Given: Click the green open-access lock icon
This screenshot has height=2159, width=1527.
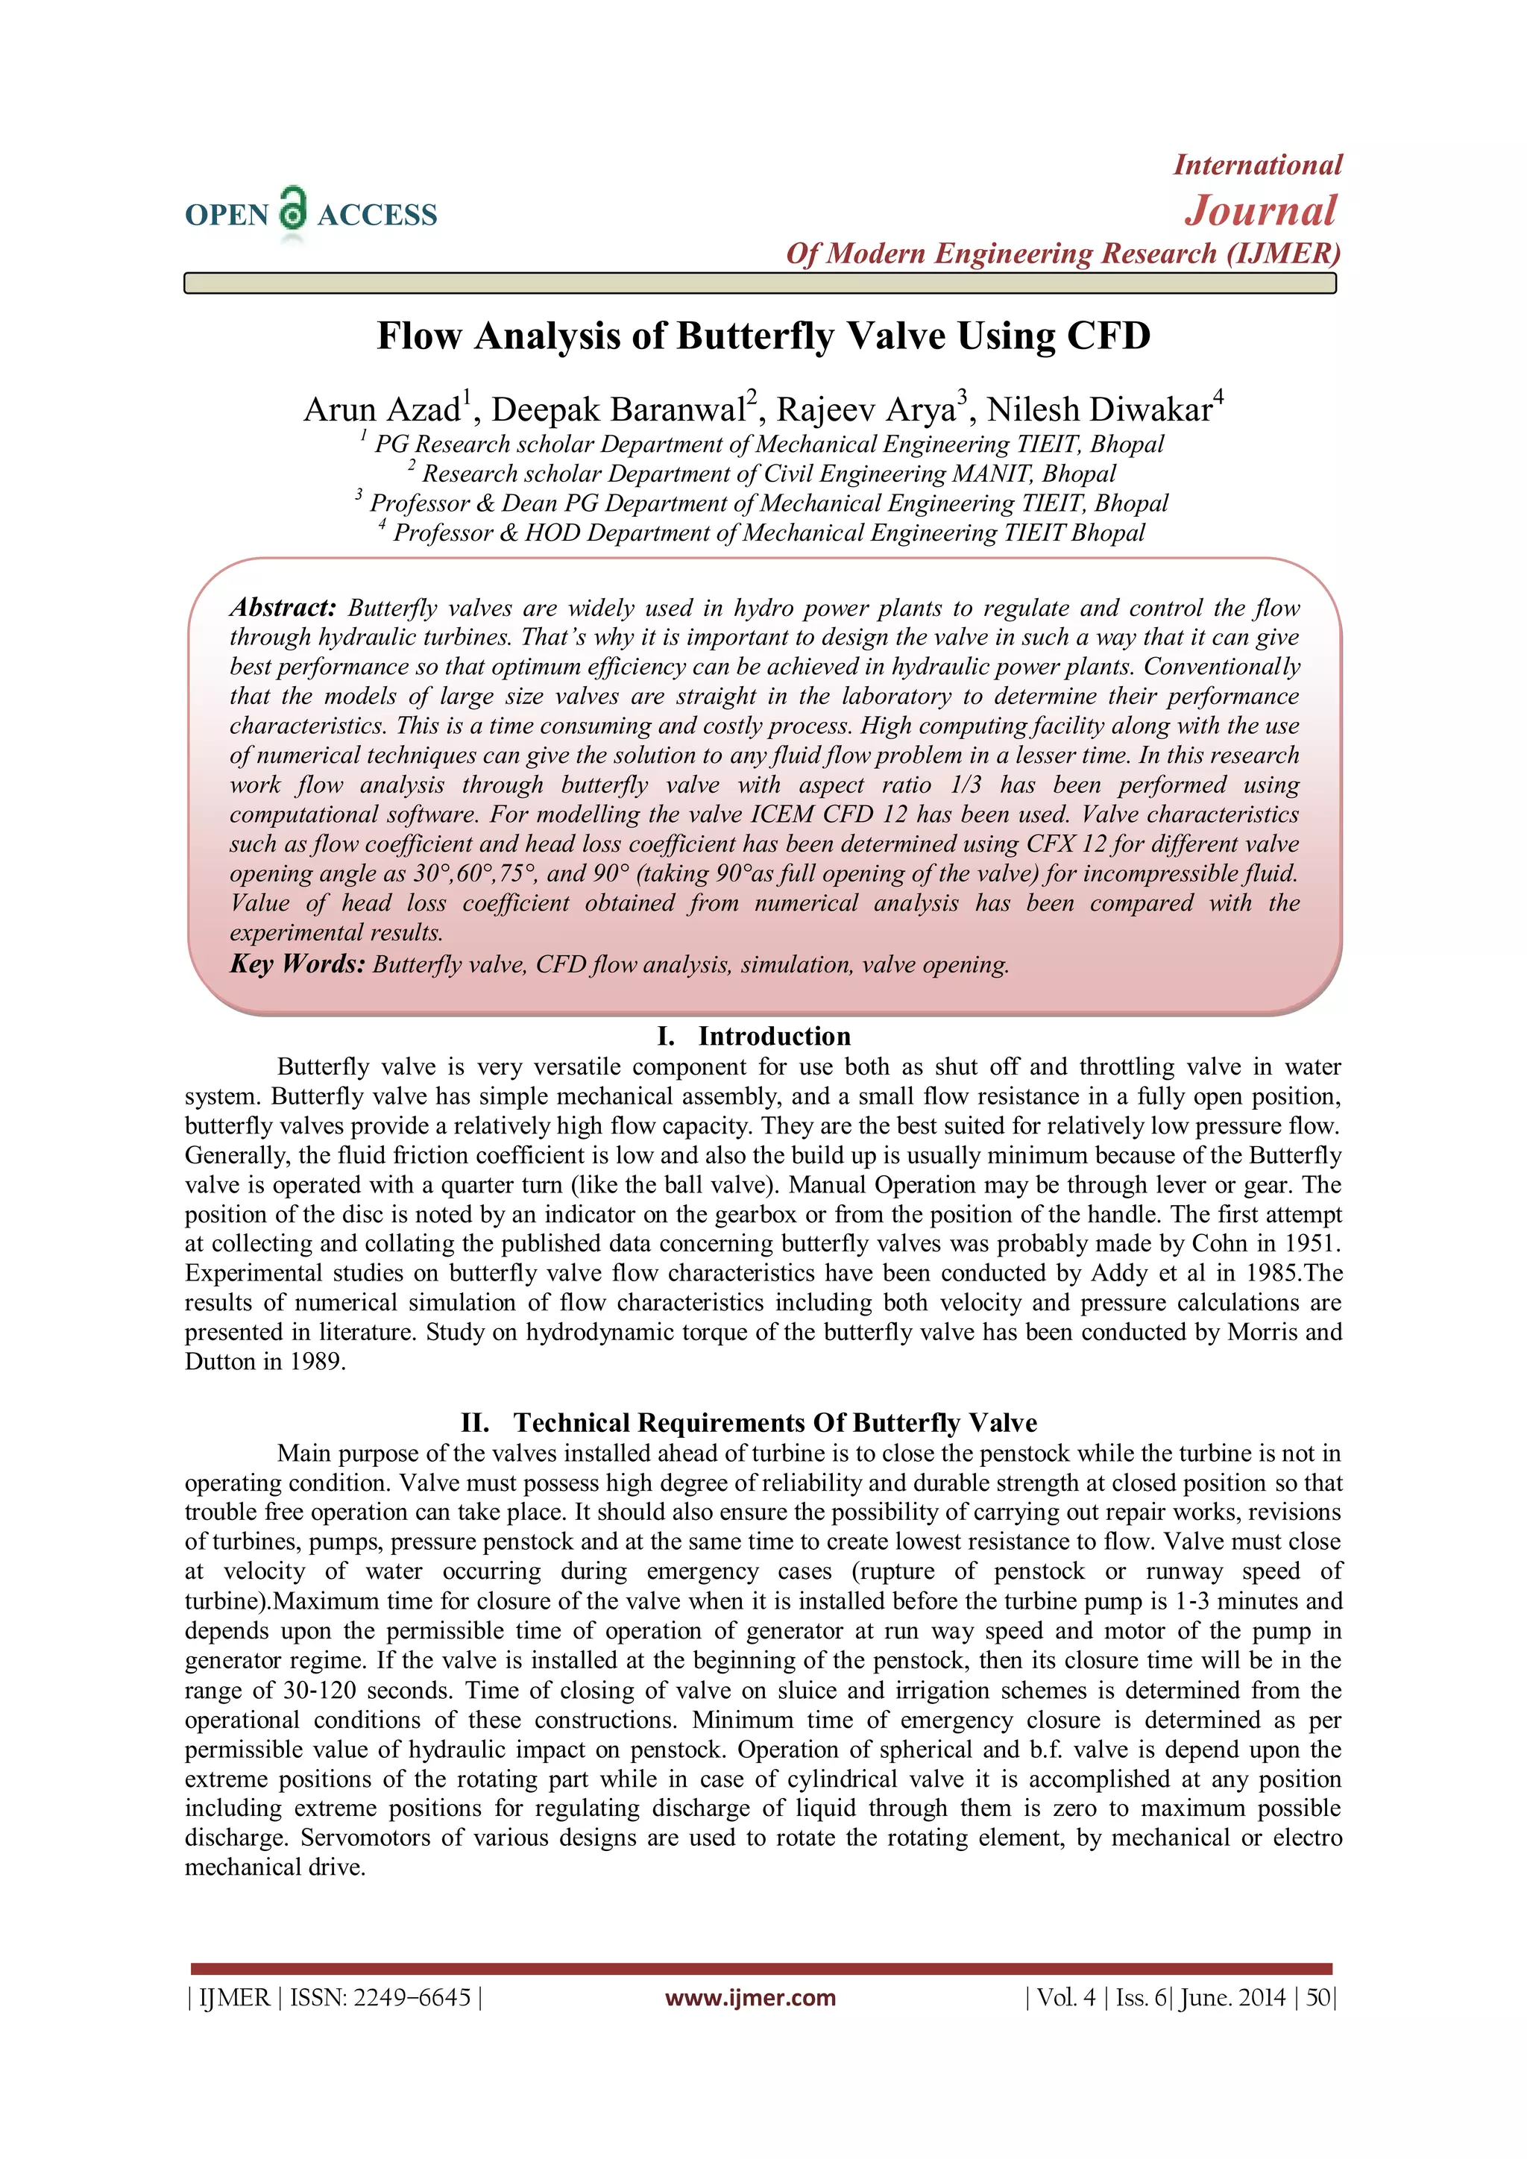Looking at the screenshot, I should [293, 209].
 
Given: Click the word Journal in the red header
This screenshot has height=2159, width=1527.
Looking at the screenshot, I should [1260, 210].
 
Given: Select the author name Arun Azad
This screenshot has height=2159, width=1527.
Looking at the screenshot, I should [382, 410].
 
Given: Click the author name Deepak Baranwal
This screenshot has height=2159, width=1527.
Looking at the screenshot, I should [618, 410].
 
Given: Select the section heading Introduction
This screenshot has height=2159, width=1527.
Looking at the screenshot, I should [774, 1036].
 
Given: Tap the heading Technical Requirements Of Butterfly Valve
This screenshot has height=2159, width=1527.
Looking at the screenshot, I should [775, 1423].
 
